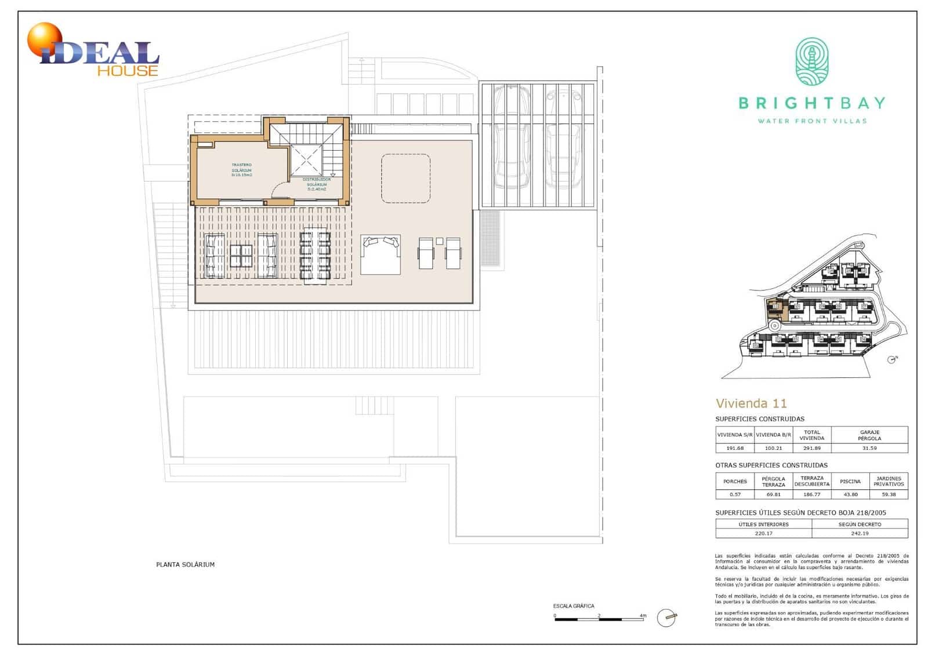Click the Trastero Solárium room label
(241, 169)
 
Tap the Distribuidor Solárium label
(317, 184)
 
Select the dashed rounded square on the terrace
(405, 179)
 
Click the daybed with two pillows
(380, 254)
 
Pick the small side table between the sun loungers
(439, 241)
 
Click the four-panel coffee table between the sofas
(241, 256)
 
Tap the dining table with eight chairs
(315, 256)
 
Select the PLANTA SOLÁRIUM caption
(185, 565)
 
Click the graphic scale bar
(599, 620)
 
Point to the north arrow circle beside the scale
(666, 618)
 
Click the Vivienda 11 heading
(751, 403)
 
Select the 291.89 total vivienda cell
(811, 448)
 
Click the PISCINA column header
(850, 481)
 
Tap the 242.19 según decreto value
(860, 533)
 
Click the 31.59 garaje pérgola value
(869, 448)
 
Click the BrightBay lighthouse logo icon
(811, 61)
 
